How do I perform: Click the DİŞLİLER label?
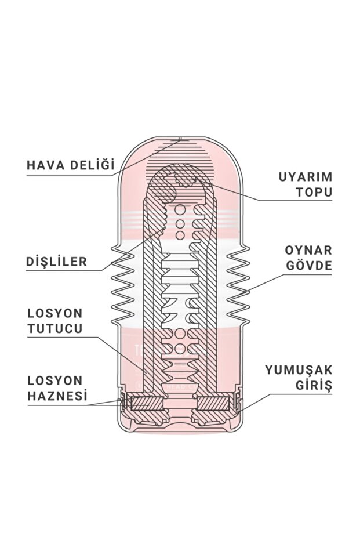coord(57,262)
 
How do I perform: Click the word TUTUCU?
coord(55,328)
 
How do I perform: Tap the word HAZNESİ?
coord(57,397)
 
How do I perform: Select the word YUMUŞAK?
coord(299,369)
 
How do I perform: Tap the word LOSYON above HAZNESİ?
coord(56,381)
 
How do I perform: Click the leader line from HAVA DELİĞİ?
coord(145,157)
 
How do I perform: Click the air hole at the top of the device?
coord(180,140)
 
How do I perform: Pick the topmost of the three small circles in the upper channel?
coord(180,209)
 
